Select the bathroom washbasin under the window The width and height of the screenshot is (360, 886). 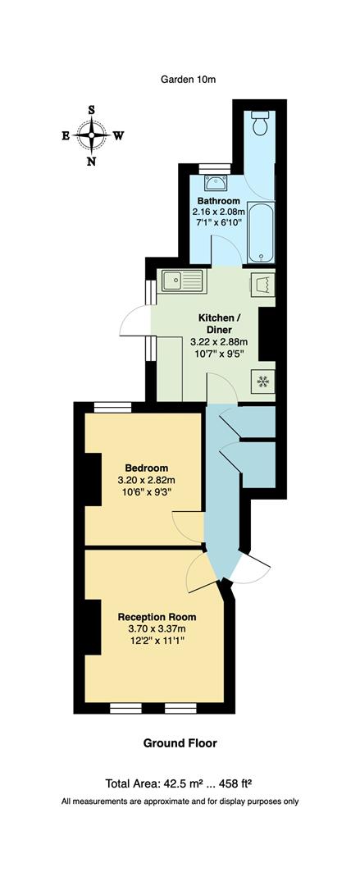click(216, 182)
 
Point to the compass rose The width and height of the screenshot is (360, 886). click(91, 135)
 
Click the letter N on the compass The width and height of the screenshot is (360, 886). click(91, 162)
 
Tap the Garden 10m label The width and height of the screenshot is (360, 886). click(188, 79)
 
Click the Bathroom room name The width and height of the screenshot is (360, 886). click(218, 201)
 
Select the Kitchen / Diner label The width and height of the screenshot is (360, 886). click(219, 324)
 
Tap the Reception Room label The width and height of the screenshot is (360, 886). click(157, 617)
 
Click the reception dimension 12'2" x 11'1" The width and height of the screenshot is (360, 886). click(157, 643)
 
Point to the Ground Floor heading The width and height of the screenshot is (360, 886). click(180, 743)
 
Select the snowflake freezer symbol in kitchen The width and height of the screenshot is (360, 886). click(263, 381)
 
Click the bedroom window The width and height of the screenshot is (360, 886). click(112, 407)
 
